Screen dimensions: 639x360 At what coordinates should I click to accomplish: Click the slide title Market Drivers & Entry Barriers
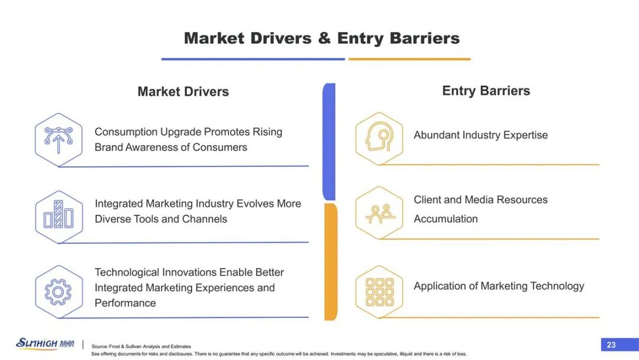321,38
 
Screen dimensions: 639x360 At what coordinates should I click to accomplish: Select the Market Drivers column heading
183,91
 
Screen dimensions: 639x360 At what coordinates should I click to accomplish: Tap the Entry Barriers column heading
486,91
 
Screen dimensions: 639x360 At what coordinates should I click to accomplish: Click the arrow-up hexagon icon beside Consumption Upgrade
59,140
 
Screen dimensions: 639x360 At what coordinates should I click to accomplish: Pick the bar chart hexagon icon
59,217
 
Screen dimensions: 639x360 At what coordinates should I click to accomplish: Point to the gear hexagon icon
59,292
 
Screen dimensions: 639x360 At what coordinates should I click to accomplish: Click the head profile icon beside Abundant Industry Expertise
379,139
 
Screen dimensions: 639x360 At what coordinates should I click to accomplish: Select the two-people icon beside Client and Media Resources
379,213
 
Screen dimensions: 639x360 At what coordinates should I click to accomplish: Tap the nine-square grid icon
379,292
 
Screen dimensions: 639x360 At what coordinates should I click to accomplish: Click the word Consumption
126,132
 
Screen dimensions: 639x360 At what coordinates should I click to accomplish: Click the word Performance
125,303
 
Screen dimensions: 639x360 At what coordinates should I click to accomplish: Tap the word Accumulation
446,219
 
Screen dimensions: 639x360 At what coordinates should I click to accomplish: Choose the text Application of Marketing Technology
499,286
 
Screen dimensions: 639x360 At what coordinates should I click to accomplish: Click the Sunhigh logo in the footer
45,343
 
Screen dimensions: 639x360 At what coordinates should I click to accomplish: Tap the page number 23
611,345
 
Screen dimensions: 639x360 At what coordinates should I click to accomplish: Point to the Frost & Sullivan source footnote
141,346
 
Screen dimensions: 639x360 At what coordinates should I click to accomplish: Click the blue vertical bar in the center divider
329,142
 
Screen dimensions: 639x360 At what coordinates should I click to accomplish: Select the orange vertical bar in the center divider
331,262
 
